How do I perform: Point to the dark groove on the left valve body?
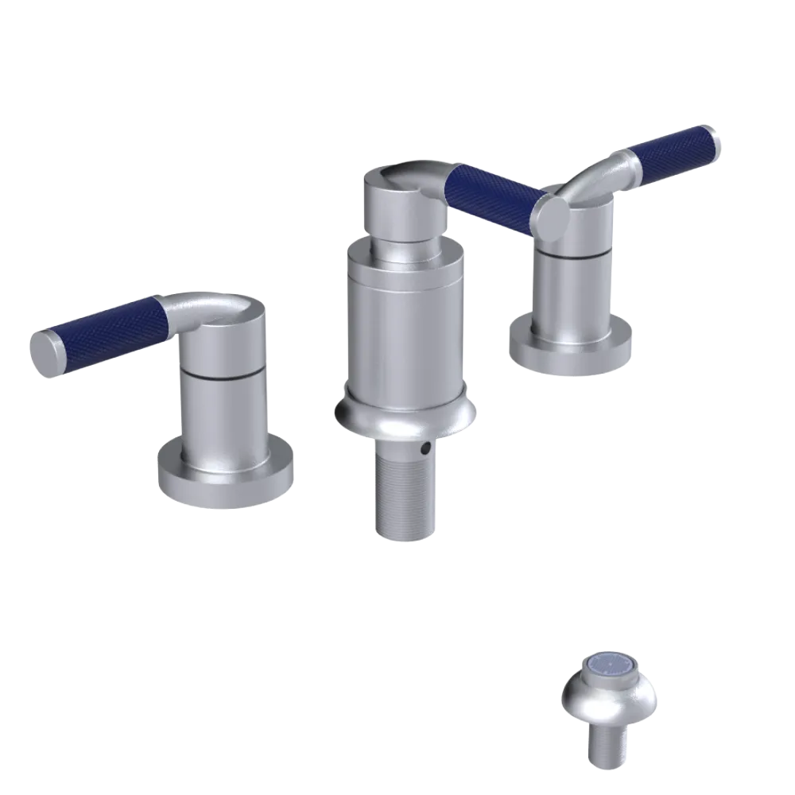[x=222, y=374]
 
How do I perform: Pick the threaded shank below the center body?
[x=405, y=493]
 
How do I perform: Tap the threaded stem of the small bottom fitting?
[x=608, y=747]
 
